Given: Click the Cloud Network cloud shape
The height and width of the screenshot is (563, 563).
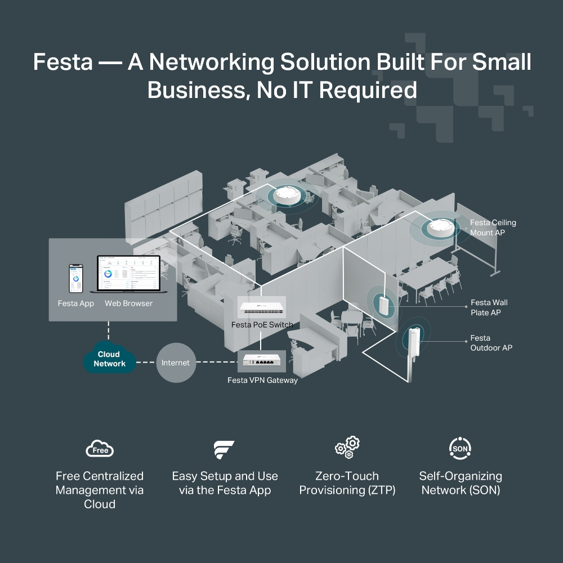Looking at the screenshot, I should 109,359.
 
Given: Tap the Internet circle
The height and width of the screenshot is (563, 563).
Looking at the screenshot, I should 176,363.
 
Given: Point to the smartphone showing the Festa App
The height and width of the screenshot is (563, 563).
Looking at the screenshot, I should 75,278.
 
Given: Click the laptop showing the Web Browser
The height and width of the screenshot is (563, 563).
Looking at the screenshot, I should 128,275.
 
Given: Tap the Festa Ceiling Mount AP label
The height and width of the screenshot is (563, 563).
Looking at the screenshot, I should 493,227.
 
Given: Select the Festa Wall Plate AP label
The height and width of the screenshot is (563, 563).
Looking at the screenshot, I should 489,307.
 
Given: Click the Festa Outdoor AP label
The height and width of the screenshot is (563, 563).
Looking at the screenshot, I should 491,343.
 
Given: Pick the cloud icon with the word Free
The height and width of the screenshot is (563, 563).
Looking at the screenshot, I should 100,449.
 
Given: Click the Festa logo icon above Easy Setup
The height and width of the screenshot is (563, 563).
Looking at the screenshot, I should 224,449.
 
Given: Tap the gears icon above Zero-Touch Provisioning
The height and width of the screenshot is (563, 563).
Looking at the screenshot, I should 347,448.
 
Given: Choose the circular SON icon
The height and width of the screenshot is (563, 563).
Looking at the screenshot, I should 460,448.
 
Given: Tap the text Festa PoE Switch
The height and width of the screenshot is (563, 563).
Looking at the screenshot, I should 262,325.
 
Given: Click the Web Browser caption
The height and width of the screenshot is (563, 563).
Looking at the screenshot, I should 128,303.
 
